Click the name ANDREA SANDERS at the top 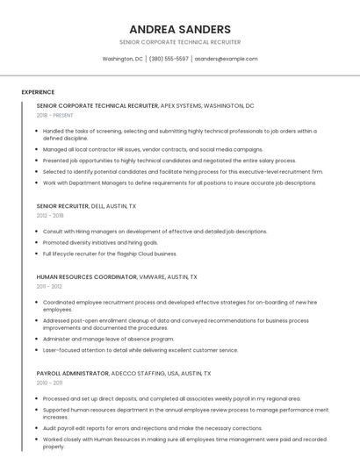(180, 29)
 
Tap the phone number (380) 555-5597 (169, 59)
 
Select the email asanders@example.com (226, 59)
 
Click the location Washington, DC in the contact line (122, 59)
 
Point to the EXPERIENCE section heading (38, 92)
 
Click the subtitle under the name (180, 42)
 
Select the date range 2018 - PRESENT (54, 115)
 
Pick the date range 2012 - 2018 (50, 215)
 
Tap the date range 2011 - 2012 (49, 286)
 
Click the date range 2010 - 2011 (49, 383)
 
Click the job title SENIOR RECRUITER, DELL (86, 206)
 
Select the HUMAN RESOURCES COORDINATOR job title (87, 277)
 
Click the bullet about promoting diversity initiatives (100, 242)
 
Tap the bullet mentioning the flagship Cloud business (110, 254)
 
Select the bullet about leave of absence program (108, 339)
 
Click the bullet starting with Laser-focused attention (140, 350)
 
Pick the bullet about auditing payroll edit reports (146, 428)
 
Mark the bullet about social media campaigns (153, 149)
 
